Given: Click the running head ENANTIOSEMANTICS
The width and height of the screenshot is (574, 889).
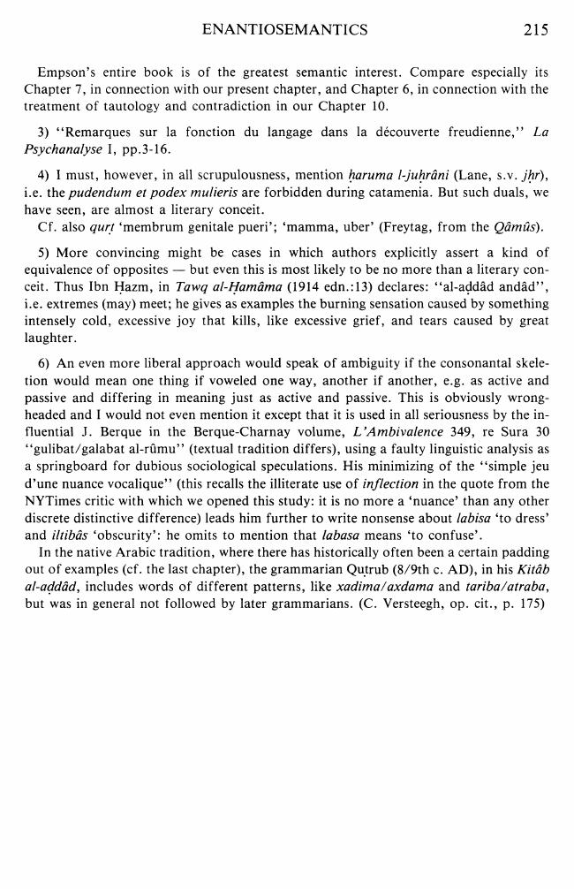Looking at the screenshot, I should (x=284, y=30).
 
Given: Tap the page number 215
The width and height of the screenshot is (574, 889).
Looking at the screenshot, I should (x=535, y=30).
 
